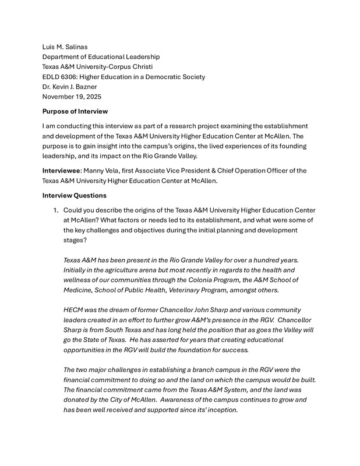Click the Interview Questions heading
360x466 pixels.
(75, 196)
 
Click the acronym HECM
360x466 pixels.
(75, 310)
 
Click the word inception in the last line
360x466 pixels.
(220, 409)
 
